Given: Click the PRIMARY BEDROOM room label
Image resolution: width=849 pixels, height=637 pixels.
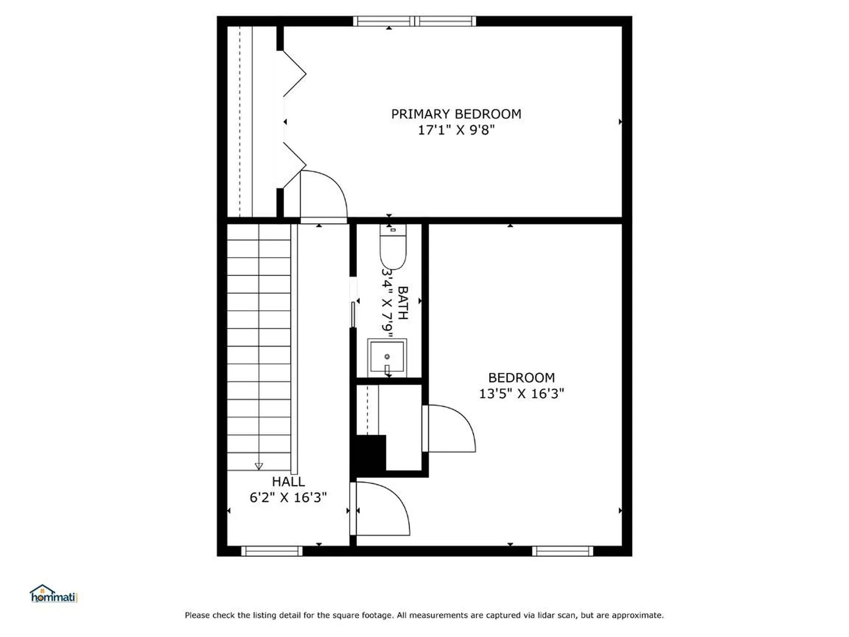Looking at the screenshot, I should coord(456,114).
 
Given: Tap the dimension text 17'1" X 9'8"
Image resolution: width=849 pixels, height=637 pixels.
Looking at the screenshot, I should coord(456,130).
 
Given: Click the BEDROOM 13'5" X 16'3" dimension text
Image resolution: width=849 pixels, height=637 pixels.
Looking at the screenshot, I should coord(521,393).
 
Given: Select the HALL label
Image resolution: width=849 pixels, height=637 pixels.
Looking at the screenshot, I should coord(288,481).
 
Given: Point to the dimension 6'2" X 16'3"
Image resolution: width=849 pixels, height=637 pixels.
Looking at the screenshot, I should coord(288,497).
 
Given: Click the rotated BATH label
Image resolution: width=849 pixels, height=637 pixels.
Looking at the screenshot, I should coord(403,303).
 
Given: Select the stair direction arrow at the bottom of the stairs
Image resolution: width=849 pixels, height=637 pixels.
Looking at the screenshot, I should coord(259,466).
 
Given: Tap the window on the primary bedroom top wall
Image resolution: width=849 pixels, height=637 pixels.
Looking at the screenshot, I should coord(414,21).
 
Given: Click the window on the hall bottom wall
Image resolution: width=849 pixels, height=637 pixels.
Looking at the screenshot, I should coord(272,551).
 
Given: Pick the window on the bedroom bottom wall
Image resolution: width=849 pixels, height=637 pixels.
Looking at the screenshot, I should coord(562,551).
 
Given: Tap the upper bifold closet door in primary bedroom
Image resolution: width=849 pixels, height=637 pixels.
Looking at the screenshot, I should coord(294,73).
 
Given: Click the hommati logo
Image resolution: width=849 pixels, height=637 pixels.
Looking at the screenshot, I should coord(54,594).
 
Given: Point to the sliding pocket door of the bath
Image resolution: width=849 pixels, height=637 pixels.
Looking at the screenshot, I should coord(353,314).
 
